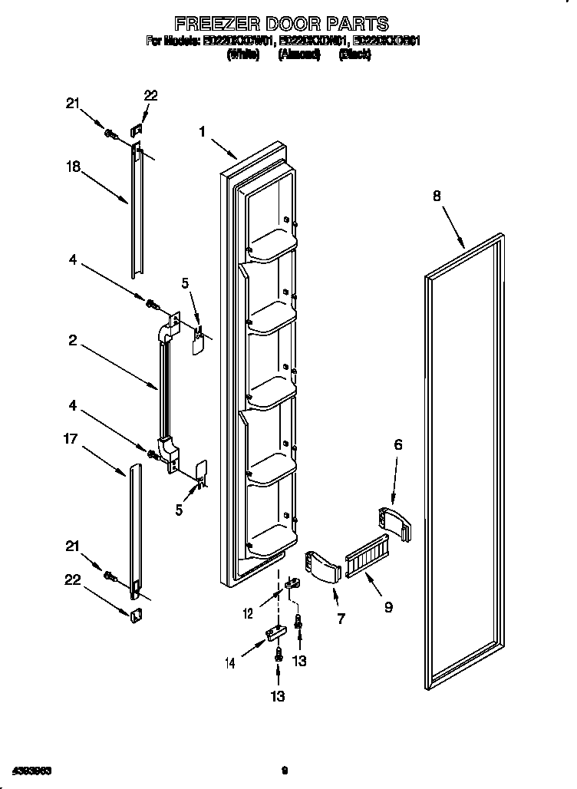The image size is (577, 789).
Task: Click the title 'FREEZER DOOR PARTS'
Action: [282, 24]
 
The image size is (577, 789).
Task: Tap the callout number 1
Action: [203, 132]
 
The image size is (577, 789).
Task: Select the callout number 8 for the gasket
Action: [437, 196]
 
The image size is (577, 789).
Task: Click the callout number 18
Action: [73, 167]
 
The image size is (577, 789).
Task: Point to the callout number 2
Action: [73, 340]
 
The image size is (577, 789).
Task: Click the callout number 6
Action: [397, 444]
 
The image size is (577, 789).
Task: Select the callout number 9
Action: [390, 606]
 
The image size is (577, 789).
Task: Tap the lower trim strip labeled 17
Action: [135, 530]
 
